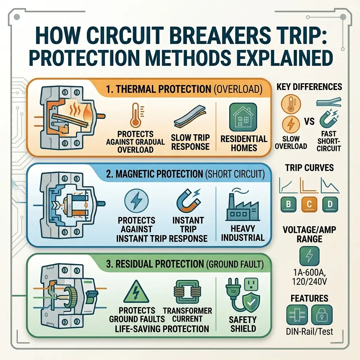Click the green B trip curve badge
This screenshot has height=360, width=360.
288,204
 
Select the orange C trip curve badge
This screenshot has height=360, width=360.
309,204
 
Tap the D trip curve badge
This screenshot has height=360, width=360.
330,204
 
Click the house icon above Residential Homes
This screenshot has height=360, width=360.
243,117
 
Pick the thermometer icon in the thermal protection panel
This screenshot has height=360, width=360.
136,115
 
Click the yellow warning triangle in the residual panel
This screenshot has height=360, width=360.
136,291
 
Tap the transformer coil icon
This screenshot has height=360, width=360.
186,291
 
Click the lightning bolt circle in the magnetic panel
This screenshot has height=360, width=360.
136,201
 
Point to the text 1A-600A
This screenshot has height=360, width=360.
309,273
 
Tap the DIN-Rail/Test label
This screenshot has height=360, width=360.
309,331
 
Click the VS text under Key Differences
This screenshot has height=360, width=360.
309,121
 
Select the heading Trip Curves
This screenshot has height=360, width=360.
309,168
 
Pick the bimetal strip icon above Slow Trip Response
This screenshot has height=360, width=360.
190,117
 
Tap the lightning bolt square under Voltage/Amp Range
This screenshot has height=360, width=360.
309,256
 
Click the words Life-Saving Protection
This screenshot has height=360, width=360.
162,329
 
